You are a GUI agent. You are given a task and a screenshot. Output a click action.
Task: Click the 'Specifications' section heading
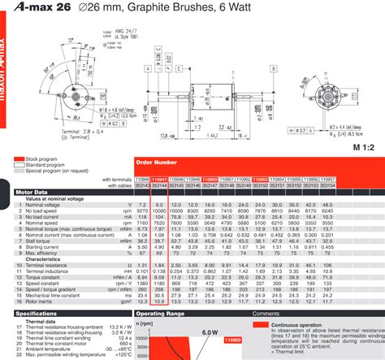pos(37,313)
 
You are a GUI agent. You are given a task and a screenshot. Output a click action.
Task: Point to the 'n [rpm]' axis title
pos(144,323)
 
